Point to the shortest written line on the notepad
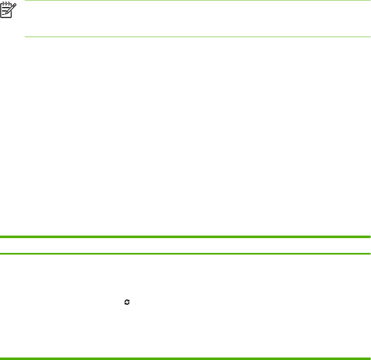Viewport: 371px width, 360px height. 4,15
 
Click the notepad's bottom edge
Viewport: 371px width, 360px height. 6,18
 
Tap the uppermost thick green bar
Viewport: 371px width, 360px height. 185,237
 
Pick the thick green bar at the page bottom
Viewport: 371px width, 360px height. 185,358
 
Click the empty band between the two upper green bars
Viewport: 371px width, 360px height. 185,245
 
